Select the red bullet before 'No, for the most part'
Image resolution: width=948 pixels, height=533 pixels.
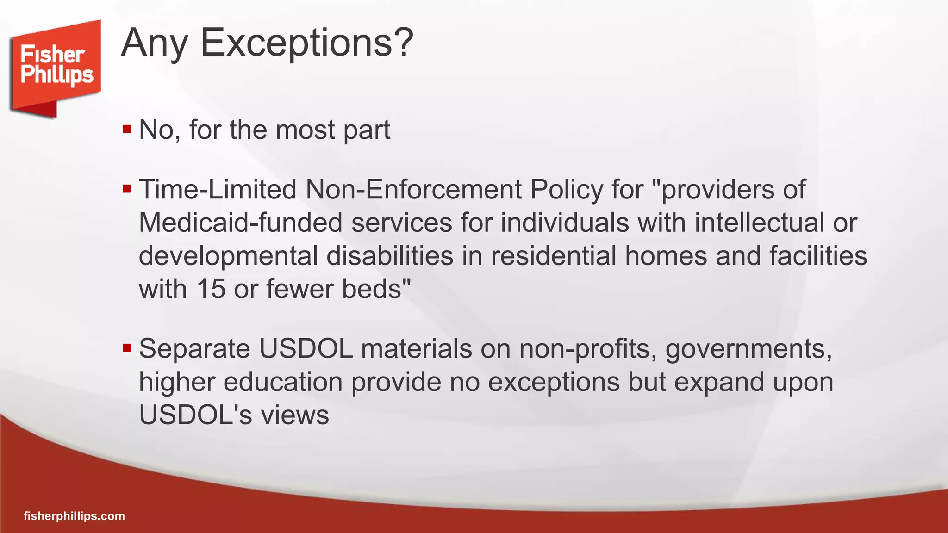[x=127, y=129]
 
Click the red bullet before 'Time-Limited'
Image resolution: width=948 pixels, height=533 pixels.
[x=127, y=189]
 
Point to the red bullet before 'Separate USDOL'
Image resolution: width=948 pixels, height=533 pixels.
[x=127, y=347]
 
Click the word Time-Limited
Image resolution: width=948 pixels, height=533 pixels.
[x=218, y=190]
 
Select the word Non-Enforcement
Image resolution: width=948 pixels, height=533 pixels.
[x=413, y=190]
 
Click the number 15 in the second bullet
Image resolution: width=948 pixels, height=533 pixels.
[x=211, y=289]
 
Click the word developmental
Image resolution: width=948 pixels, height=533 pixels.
[x=228, y=256]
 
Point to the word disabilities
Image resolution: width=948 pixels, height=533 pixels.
[x=390, y=256]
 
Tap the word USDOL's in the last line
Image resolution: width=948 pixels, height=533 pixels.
[x=195, y=415]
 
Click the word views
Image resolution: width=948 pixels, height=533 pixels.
[x=295, y=415]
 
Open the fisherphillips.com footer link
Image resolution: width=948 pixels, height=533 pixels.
[x=74, y=516]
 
